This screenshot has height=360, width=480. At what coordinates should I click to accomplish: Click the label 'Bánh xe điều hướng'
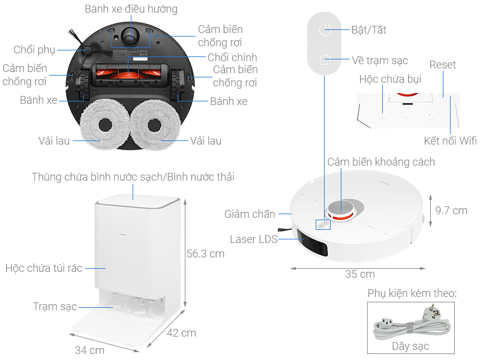131,9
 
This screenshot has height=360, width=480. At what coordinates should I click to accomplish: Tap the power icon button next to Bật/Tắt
325,29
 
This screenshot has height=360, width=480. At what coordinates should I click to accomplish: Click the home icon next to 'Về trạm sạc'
325,60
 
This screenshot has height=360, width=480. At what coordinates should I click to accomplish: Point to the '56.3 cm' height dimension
205,254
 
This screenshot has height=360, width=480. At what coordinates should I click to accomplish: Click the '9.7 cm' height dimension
451,211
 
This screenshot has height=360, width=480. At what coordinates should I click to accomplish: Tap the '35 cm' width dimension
360,274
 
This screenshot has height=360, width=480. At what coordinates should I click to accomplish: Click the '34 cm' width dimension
89,350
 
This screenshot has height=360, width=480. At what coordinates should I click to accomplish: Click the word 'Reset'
442,65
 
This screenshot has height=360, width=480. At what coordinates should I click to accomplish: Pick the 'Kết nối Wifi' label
450,141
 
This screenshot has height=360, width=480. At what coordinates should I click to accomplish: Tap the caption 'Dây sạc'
411,346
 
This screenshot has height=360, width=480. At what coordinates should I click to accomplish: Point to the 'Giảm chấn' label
250,214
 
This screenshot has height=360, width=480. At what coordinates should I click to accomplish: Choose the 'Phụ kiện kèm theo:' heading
412,293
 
